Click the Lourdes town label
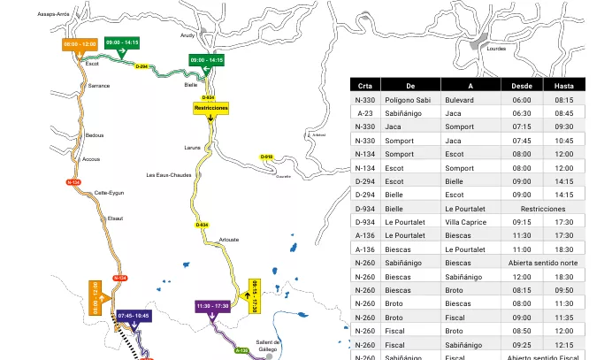click(x=496, y=49)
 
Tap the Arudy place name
click(x=187, y=35)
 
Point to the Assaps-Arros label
click(x=53, y=14)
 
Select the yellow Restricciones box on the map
click(x=210, y=108)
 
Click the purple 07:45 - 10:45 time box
click(x=133, y=315)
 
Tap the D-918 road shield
click(x=266, y=157)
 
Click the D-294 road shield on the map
click(x=142, y=66)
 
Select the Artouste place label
click(x=228, y=240)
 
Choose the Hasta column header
click(x=564, y=86)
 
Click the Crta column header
click(x=364, y=86)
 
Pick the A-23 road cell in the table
click(x=364, y=113)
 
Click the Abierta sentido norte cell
click(x=543, y=262)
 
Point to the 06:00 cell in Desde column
click(x=522, y=100)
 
